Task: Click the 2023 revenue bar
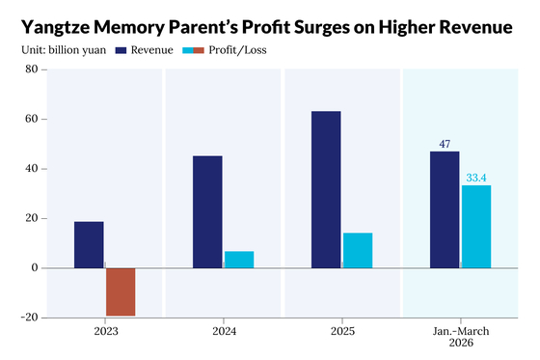click(x=89, y=245)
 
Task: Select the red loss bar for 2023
click(x=121, y=291)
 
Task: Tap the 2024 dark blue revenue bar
click(x=207, y=212)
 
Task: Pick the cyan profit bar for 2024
click(x=239, y=260)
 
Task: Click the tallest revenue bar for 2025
click(x=326, y=190)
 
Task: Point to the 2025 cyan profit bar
click(x=358, y=251)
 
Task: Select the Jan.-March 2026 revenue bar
click(x=445, y=209)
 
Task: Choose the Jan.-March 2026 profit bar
click(x=476, y=227)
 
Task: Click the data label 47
click(x=445, y=144)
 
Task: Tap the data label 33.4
click(x=476, y=178)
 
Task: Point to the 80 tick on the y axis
click(x=31, y=69)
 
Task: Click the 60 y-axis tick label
click(x=31, y=119)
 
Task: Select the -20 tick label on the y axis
click(x=29, y=318)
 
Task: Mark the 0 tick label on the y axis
click(x=35, y=268)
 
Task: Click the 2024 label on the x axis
click(x=224, y=331)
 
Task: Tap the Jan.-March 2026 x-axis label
click(x=461, y=337)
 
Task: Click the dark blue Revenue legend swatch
click(x=121, y=50)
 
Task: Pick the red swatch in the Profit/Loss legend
click(x=199, y=50)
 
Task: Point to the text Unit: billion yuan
click(x=64, y=50)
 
